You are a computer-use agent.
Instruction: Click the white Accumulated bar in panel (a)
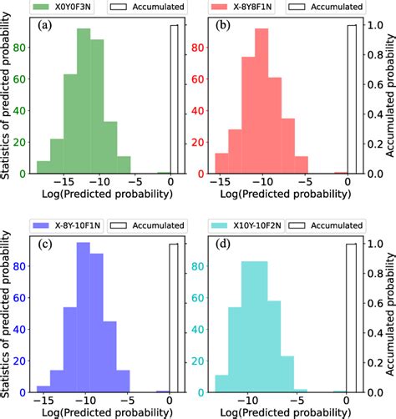(x=174, y=100)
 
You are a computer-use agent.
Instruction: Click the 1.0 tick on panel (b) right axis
(x=375, y=27)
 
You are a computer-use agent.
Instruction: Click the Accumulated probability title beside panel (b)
(x=390, y=100)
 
